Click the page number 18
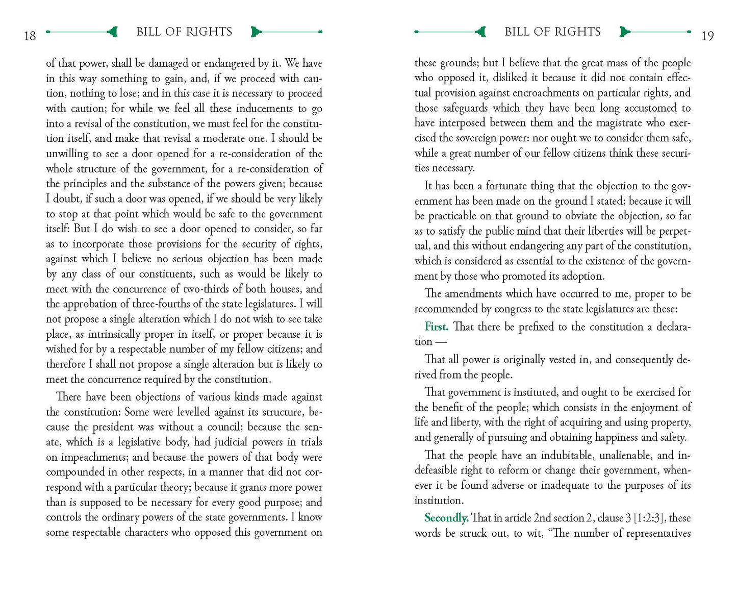pyautogui.click(x=30, y=36)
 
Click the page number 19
pyautogui.click(x=707, y=36)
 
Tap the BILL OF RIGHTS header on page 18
pyautogui.click(x=184, y=32)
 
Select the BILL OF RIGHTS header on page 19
pyautogui.click(x=552, y=32)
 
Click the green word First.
pyautogui.click(x=436, y=327)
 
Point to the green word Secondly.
pyautogui.click(x=446, y=518)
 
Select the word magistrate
pyautogui.click(x=619, y=123)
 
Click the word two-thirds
pyautogui.click(x=206, y=289)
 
